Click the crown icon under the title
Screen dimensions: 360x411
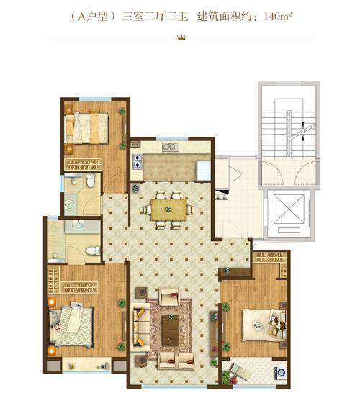point(181,37)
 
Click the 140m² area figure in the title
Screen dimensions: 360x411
point(278,17)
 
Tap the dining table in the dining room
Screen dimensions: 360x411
point(169,209)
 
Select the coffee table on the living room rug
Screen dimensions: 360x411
point(170,330)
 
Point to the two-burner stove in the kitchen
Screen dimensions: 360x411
point(137,161)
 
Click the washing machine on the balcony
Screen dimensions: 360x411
point(279,372)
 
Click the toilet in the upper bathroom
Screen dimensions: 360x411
point(91,181)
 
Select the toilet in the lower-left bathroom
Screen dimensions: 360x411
point(93,250)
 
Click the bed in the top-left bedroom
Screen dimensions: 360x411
point(86,128)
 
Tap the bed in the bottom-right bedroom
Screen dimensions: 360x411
point(264,325)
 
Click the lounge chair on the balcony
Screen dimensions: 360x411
point(238,371)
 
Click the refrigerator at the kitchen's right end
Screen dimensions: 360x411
point(203,171)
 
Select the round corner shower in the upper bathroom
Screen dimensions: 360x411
point(70,204)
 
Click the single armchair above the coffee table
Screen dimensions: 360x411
point(170,297)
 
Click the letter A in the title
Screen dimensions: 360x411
point(82,17)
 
